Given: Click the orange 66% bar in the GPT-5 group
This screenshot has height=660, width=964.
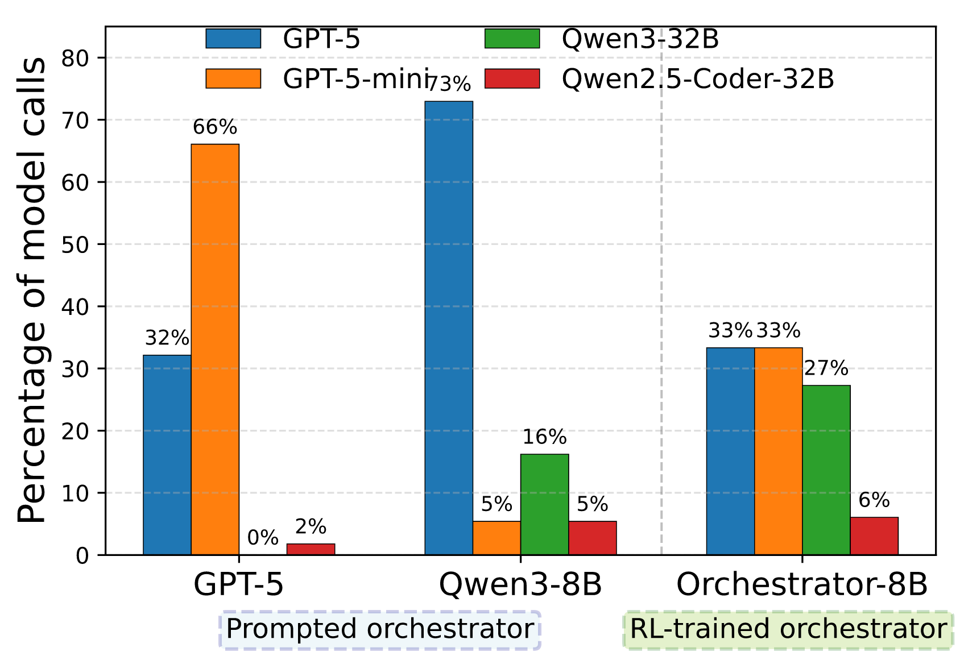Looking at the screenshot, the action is coord(215,350).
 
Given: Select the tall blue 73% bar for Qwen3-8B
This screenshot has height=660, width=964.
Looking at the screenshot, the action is coord(449,328).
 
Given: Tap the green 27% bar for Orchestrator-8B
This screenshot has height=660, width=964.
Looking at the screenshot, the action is coord(826,470).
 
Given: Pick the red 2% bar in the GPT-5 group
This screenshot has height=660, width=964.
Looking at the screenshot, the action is coord(311,549).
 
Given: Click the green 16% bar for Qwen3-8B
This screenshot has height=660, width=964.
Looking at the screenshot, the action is coord(545,505).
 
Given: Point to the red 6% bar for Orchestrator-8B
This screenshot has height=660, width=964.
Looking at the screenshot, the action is coord(874,536).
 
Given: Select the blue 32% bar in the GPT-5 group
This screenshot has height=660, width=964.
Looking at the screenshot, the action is coord(167,455).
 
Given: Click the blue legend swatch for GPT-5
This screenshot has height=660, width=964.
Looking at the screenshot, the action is coord(233,39).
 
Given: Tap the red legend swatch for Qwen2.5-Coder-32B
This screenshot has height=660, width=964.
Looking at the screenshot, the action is coord(512,79).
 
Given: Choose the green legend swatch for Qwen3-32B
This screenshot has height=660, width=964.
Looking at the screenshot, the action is coord(512,39).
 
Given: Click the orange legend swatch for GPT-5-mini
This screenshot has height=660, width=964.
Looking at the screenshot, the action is coord(233,79).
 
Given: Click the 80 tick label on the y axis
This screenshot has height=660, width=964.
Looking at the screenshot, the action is coord(75,59).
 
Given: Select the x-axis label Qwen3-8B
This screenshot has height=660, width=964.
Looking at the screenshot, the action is coord(520,585).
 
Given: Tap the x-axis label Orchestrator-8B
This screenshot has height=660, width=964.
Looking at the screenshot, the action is coord(802,584).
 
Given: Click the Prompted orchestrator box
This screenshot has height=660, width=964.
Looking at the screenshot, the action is coord(380,629).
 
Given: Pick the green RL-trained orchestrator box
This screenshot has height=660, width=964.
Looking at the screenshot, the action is coord(788,629).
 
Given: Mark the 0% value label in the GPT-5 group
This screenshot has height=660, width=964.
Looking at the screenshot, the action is coord(263,538).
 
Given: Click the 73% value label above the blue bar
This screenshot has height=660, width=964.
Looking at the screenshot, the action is coord(449,84).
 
